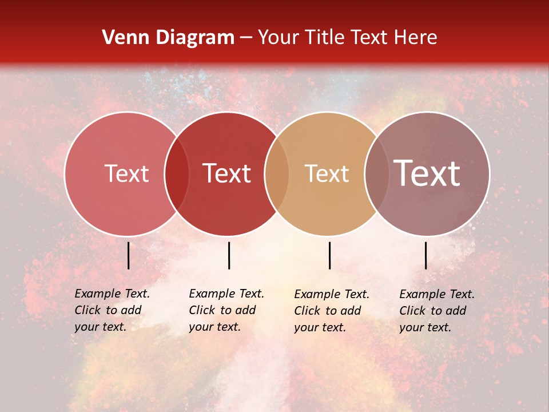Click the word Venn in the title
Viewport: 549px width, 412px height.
[122, 38]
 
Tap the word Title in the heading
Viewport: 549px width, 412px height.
[324, 38]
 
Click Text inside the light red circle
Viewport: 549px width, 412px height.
[126, 173]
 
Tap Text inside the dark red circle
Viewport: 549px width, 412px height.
[227, 173]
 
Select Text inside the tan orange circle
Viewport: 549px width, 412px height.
[327, 173]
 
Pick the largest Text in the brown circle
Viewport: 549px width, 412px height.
[427, 173]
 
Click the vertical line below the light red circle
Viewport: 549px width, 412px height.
[129, 255]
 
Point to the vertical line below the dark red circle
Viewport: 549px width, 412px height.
[229, 255]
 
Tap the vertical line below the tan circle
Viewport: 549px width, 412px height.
[329, 255]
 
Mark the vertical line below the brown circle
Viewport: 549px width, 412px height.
[426, 255]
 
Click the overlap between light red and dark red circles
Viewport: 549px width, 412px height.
[177, 173]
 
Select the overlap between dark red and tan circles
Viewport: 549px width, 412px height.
[277, 173]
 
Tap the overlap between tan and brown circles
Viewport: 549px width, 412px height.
[376, 173]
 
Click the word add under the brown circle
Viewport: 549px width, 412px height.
[456, 311]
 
